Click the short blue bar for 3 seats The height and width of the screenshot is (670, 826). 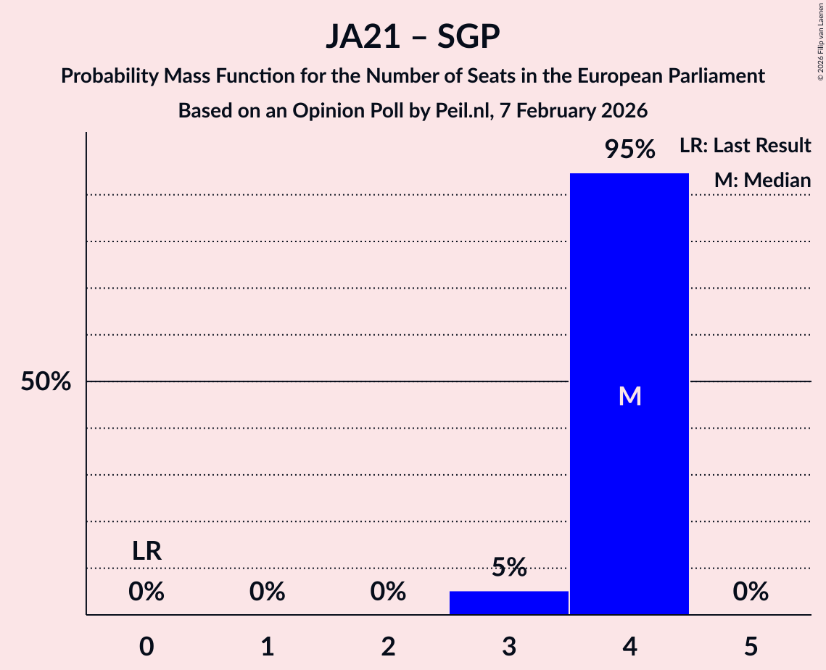tap(509, 603)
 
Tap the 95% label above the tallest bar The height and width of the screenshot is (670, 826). tap(629, 150)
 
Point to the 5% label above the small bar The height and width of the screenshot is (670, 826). tap(509, 568)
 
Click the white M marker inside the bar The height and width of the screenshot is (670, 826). tap(629, 396)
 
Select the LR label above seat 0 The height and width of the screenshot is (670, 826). tap(146, 551)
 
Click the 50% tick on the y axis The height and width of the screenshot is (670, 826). tap(46, 382)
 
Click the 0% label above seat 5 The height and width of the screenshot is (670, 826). tap(751, 592)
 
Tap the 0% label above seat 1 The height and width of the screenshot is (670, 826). tap(268, 592)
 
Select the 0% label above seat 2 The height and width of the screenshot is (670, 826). tap(388, 592)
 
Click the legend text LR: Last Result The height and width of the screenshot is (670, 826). tap(745, 146)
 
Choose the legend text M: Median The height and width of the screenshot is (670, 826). tap(762, 181)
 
